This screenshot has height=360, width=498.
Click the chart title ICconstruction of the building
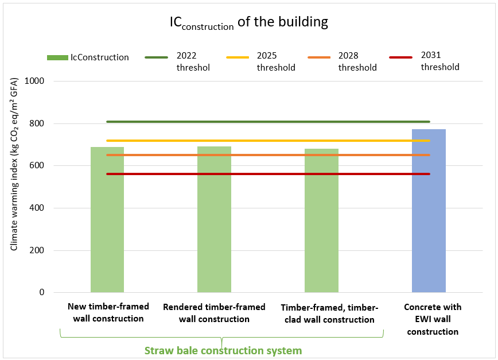248,22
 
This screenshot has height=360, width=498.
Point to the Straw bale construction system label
223,350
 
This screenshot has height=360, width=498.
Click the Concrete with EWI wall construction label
432,319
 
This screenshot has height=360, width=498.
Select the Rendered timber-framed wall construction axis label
214,313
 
